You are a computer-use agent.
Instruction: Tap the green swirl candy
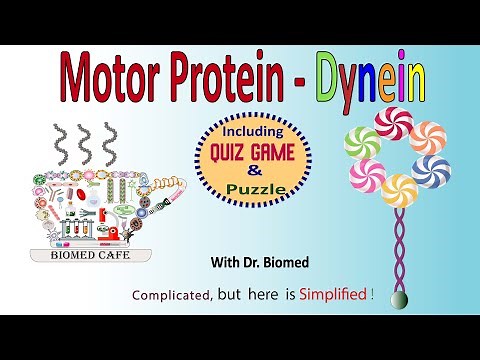(361, 142)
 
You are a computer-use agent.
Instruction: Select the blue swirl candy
(431, 170)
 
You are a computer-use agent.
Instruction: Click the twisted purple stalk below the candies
(398, 250)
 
